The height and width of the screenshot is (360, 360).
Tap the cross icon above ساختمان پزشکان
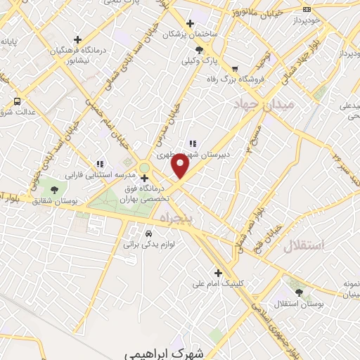[191, 23]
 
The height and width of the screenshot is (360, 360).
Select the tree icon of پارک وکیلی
[200, 50]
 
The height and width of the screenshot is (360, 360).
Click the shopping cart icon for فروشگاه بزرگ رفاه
[234, 68]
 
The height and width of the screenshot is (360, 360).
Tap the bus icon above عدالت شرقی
[18, 101]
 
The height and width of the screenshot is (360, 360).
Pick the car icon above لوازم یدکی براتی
[148, 233]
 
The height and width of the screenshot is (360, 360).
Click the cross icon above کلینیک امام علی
[218, 273]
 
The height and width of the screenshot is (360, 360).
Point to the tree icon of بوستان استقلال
[301, 292]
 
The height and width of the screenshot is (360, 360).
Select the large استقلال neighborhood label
[304, 245]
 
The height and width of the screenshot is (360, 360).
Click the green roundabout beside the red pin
[145, 167]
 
